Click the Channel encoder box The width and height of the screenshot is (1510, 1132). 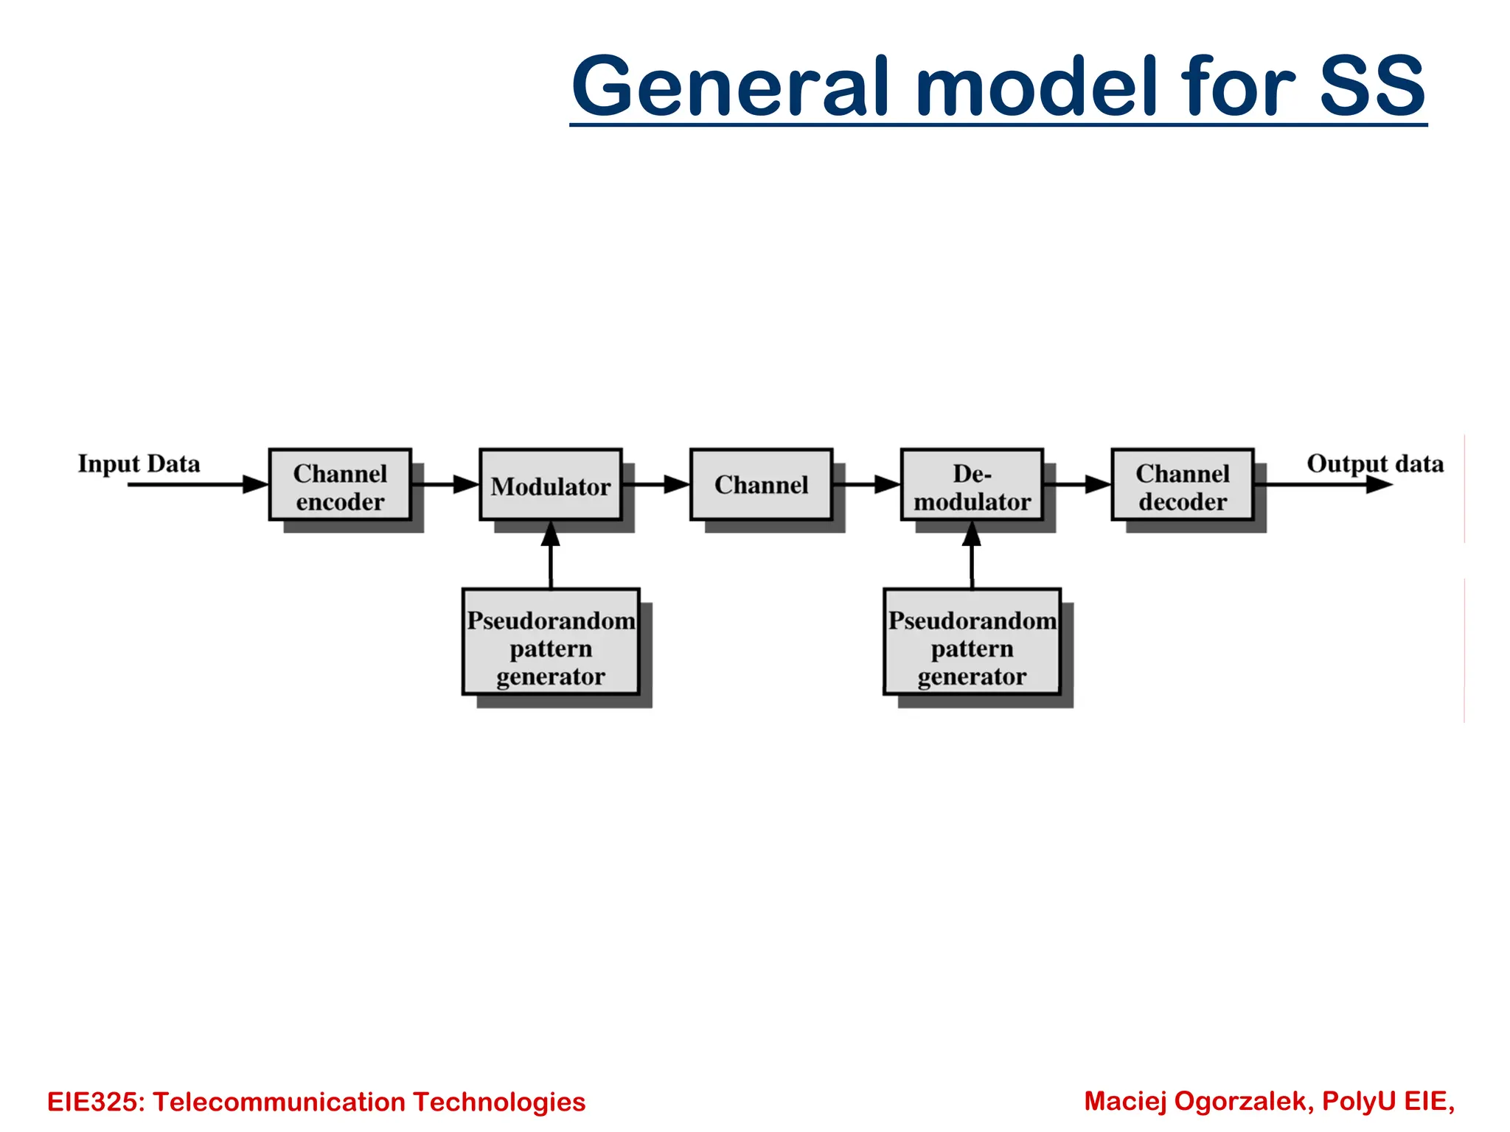(340, 485)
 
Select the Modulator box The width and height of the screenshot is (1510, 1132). (550, 485)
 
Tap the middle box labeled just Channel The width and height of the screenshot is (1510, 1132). (761, 485)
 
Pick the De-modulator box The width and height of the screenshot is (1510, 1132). (972, 485)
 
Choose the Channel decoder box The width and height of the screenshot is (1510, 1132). (1183, 485)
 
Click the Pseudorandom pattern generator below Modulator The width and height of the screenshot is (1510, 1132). (550, 641)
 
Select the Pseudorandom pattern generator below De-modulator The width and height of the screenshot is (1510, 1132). (972, 641)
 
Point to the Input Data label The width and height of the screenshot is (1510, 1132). (139, 464)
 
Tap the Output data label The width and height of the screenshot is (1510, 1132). (1374, 464)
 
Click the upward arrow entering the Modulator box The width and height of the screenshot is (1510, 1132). (551, 554)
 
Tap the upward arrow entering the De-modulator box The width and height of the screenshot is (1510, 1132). (972, 554)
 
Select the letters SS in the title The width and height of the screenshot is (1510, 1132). (1371, 86)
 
